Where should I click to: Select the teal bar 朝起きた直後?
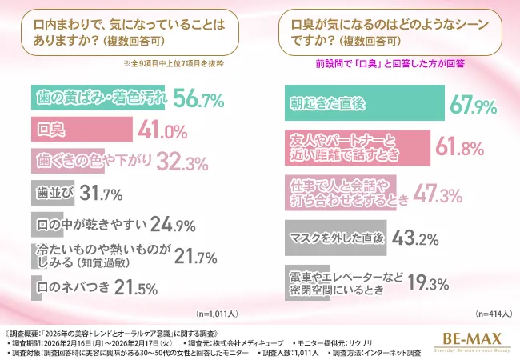[x=364, y=102]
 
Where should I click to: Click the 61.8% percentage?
[x=457, y=144]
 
